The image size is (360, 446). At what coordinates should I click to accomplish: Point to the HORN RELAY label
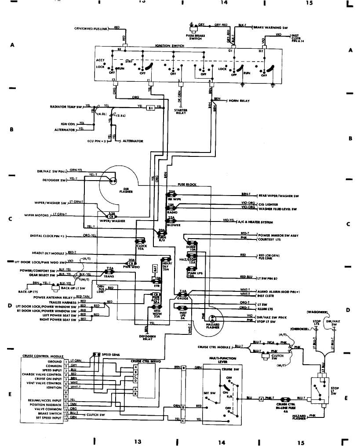tap(239, 101)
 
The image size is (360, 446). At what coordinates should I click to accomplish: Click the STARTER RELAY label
tap(181, 112)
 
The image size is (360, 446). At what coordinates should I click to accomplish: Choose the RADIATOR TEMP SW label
tap(67, 107)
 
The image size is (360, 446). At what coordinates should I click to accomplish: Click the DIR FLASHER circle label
tap(126, 190)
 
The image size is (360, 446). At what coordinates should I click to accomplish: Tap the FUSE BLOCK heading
tap(187, 185)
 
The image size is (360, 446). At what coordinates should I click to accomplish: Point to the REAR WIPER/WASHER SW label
tap(278, 196)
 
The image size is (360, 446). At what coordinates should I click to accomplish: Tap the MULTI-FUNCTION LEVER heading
tap(218, 360)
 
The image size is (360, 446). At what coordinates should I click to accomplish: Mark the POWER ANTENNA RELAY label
tap(55, 297)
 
